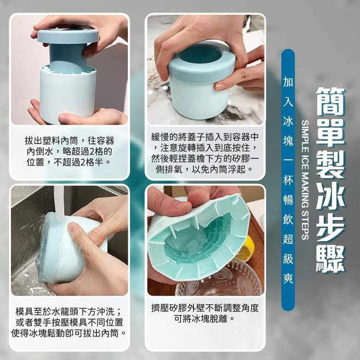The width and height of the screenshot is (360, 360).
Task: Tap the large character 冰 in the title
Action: tap(331, 196)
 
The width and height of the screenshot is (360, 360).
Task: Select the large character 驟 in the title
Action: tap(331, 259)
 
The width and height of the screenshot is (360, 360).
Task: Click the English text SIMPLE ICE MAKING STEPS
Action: tap(305, 180)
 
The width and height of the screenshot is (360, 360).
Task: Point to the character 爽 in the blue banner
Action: tap(288, 278)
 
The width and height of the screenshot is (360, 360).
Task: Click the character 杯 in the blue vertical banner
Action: tap(288, 180)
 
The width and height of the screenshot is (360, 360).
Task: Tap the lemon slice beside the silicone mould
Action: tap(246, 249)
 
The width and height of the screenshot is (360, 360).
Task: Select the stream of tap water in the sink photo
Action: tap(59, 202)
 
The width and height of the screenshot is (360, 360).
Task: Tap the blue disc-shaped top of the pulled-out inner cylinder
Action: tap(68, 35)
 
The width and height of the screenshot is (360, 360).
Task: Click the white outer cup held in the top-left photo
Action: tap(68, 94)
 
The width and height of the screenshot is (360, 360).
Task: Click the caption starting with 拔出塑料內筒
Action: tap(69, 152)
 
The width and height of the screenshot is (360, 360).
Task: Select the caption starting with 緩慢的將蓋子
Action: tap(205, 153)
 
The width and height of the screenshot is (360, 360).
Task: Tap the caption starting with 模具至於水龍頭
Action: tap(69, 323)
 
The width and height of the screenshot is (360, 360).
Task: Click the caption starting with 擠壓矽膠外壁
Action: tap(205, 313)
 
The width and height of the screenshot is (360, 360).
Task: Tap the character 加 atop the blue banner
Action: tap(288, 82)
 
